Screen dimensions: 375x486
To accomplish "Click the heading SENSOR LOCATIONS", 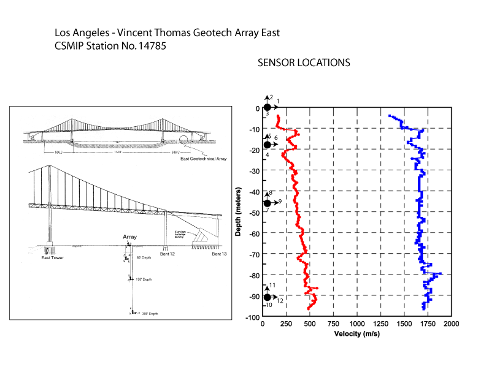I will coord(304,63).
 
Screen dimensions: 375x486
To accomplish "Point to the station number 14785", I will coord(151,45).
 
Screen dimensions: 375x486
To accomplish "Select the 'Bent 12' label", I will coord(166,253).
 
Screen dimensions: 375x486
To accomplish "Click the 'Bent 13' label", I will coord(220,253).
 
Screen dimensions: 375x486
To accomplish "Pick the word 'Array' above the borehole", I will coord(129,237).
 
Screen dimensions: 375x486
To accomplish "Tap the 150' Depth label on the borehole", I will coord(143,279).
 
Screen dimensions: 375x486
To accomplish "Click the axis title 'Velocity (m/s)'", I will coord(357,334).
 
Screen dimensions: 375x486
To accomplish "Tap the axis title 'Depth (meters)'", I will coord(237,212).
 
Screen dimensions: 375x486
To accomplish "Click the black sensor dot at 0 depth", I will coord(268,108).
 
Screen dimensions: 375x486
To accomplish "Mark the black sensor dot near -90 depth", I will coord(268,297).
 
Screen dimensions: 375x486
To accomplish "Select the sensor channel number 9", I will coord(280,202).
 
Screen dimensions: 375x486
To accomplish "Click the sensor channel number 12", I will coord(280,300).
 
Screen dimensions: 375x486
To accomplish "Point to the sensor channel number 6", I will coord(276,138).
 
